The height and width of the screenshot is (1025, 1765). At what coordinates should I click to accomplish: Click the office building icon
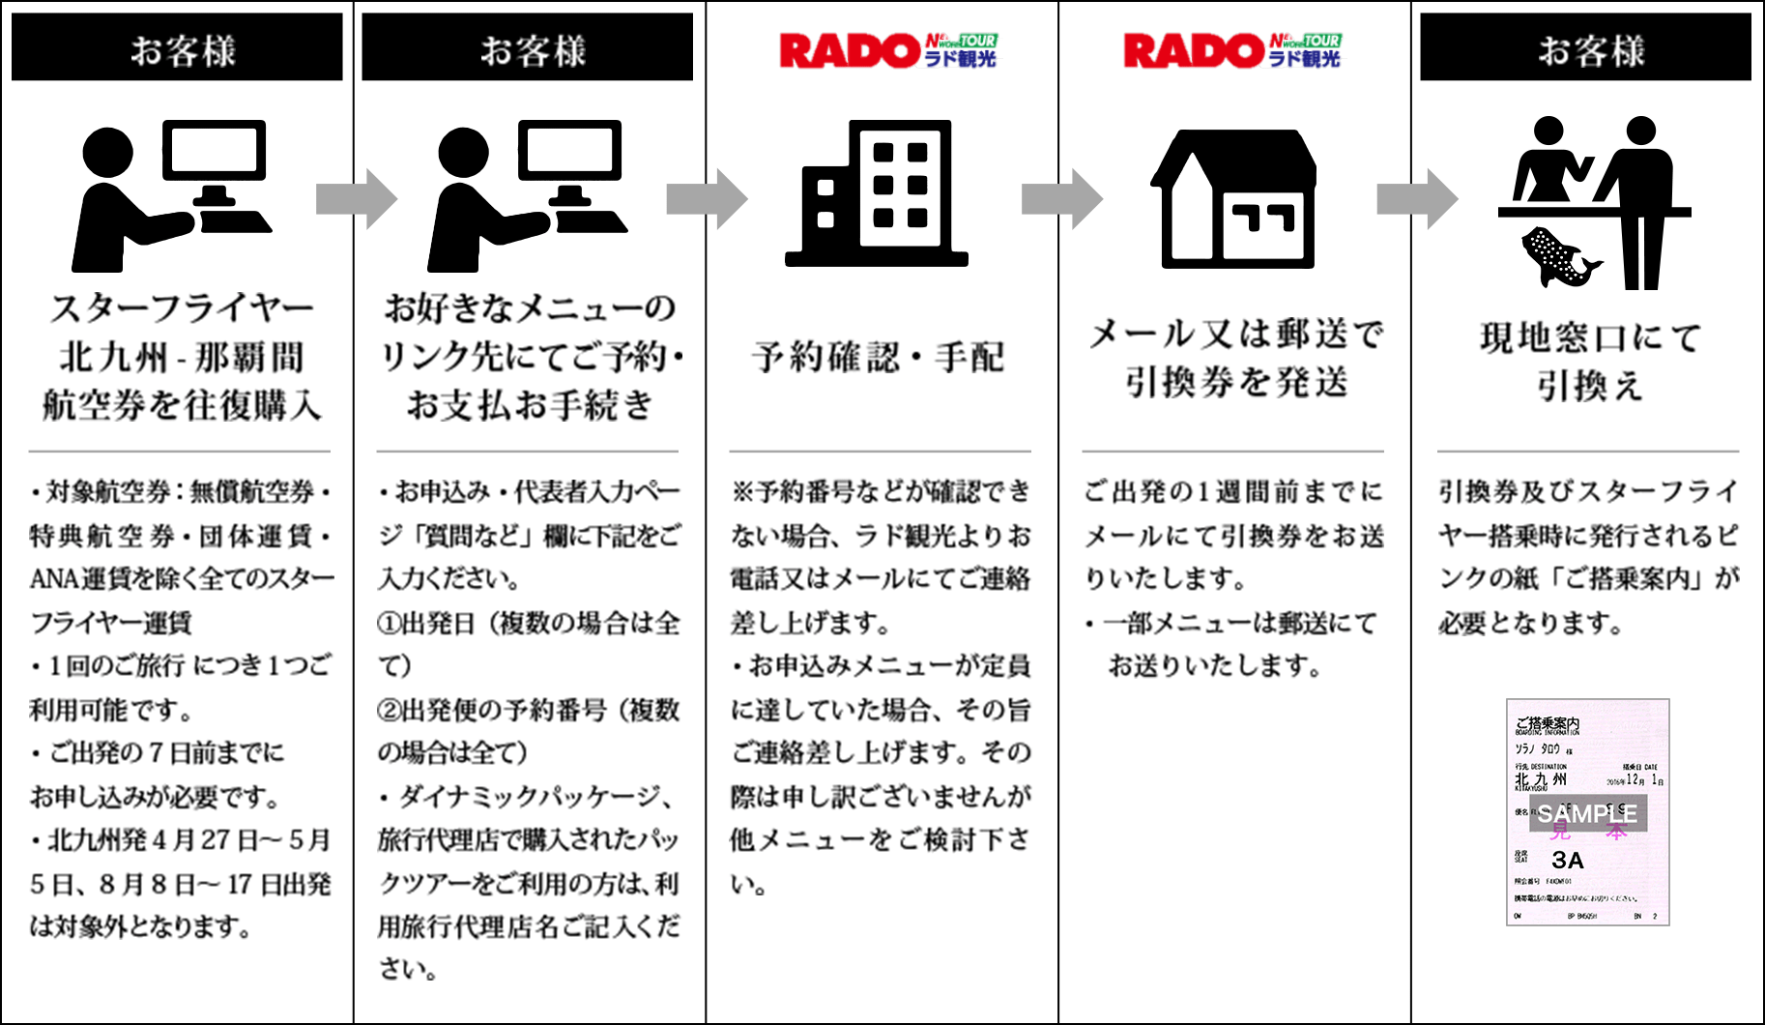877,193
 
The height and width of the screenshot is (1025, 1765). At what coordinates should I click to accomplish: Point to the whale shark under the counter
1557,256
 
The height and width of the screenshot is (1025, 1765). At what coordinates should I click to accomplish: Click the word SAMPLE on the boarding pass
1587,814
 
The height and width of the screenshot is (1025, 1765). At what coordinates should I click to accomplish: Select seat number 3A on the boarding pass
1567,860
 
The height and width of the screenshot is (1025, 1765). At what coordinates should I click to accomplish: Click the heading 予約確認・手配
878,358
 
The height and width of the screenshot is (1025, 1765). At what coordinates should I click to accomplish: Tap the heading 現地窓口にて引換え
1590,362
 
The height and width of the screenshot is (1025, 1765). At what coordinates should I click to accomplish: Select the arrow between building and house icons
1061,199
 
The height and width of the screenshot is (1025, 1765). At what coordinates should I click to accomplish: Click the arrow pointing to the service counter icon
1416,199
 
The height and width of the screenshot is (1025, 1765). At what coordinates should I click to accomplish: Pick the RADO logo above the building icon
886,50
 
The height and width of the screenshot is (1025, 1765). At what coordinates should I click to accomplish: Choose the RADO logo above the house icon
1230,50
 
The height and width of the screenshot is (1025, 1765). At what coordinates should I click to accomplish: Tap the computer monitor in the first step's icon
214,150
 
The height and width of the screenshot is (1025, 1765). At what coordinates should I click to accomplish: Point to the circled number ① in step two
389,624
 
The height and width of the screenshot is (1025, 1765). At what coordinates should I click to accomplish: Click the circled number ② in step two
389,711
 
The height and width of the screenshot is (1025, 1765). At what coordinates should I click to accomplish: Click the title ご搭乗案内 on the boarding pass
1547,723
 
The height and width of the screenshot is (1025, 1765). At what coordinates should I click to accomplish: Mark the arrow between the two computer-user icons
356,199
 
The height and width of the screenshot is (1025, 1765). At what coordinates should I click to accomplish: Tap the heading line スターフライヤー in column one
182,309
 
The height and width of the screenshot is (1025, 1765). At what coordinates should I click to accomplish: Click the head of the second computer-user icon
463,155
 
